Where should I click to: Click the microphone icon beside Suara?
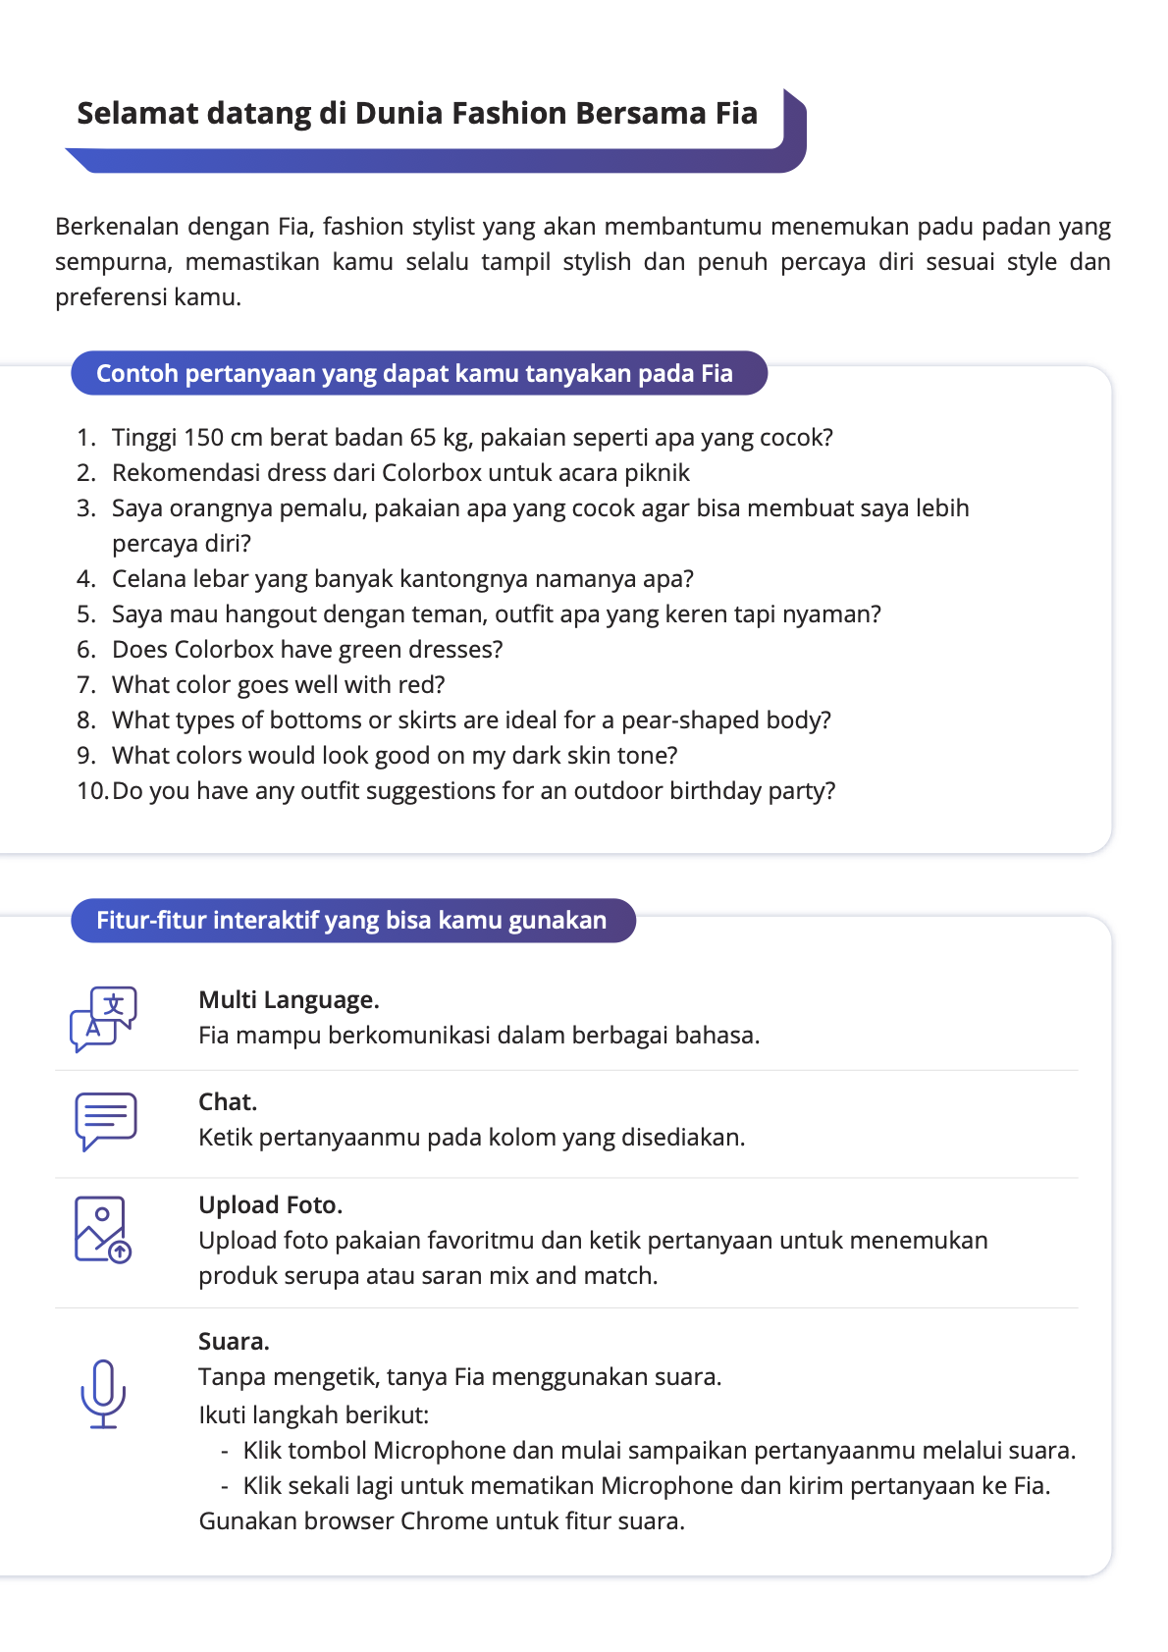103,1393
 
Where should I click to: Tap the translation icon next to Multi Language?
103,1019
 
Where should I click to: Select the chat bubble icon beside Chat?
105,1120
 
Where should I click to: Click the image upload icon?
102,1229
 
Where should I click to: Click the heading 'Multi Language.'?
289,999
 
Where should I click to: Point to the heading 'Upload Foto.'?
270,1204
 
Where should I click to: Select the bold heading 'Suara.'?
234,1341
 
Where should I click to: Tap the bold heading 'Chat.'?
228,1101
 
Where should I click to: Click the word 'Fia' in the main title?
736,114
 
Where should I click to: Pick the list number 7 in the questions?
85,684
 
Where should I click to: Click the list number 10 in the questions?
91,790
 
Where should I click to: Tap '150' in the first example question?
203,437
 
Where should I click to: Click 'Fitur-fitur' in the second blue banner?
150,920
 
